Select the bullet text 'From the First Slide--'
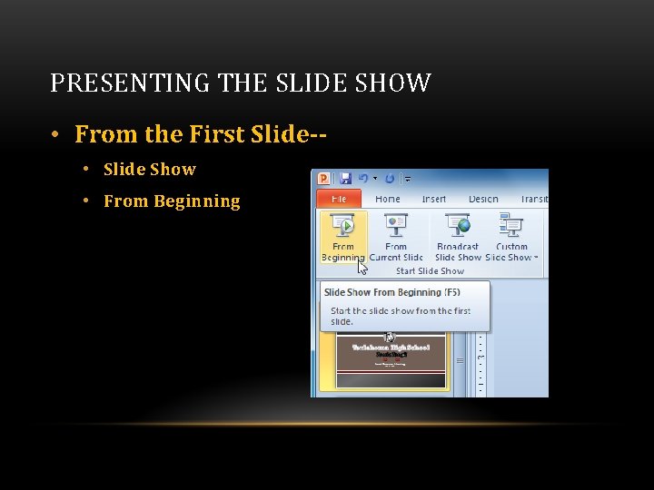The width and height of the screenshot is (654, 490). (201, 134)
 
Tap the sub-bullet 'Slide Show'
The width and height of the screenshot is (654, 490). (150, 170)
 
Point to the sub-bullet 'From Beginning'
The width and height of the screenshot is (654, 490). (172, 201)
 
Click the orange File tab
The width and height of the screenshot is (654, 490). (339, 199)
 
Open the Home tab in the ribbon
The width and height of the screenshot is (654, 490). (388, 199)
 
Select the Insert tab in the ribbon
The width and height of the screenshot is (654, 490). (434, 199)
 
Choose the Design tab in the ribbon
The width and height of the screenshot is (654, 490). (483, 199)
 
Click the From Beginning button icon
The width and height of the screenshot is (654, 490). (343, 225)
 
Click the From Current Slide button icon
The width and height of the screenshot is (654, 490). (396, 225)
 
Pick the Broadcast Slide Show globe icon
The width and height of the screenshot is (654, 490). (458, 225)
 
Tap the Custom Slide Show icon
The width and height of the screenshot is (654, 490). (511, 225)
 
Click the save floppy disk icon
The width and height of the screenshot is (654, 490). (344, 179)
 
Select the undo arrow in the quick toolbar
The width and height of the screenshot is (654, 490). (364, 179)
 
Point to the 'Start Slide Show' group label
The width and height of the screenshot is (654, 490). (430, 270)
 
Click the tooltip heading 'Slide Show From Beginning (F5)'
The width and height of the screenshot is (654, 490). (392, 292)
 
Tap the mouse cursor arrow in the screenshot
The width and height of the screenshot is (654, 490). (362, 267)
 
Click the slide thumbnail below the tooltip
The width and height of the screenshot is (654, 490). (391, 360)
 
